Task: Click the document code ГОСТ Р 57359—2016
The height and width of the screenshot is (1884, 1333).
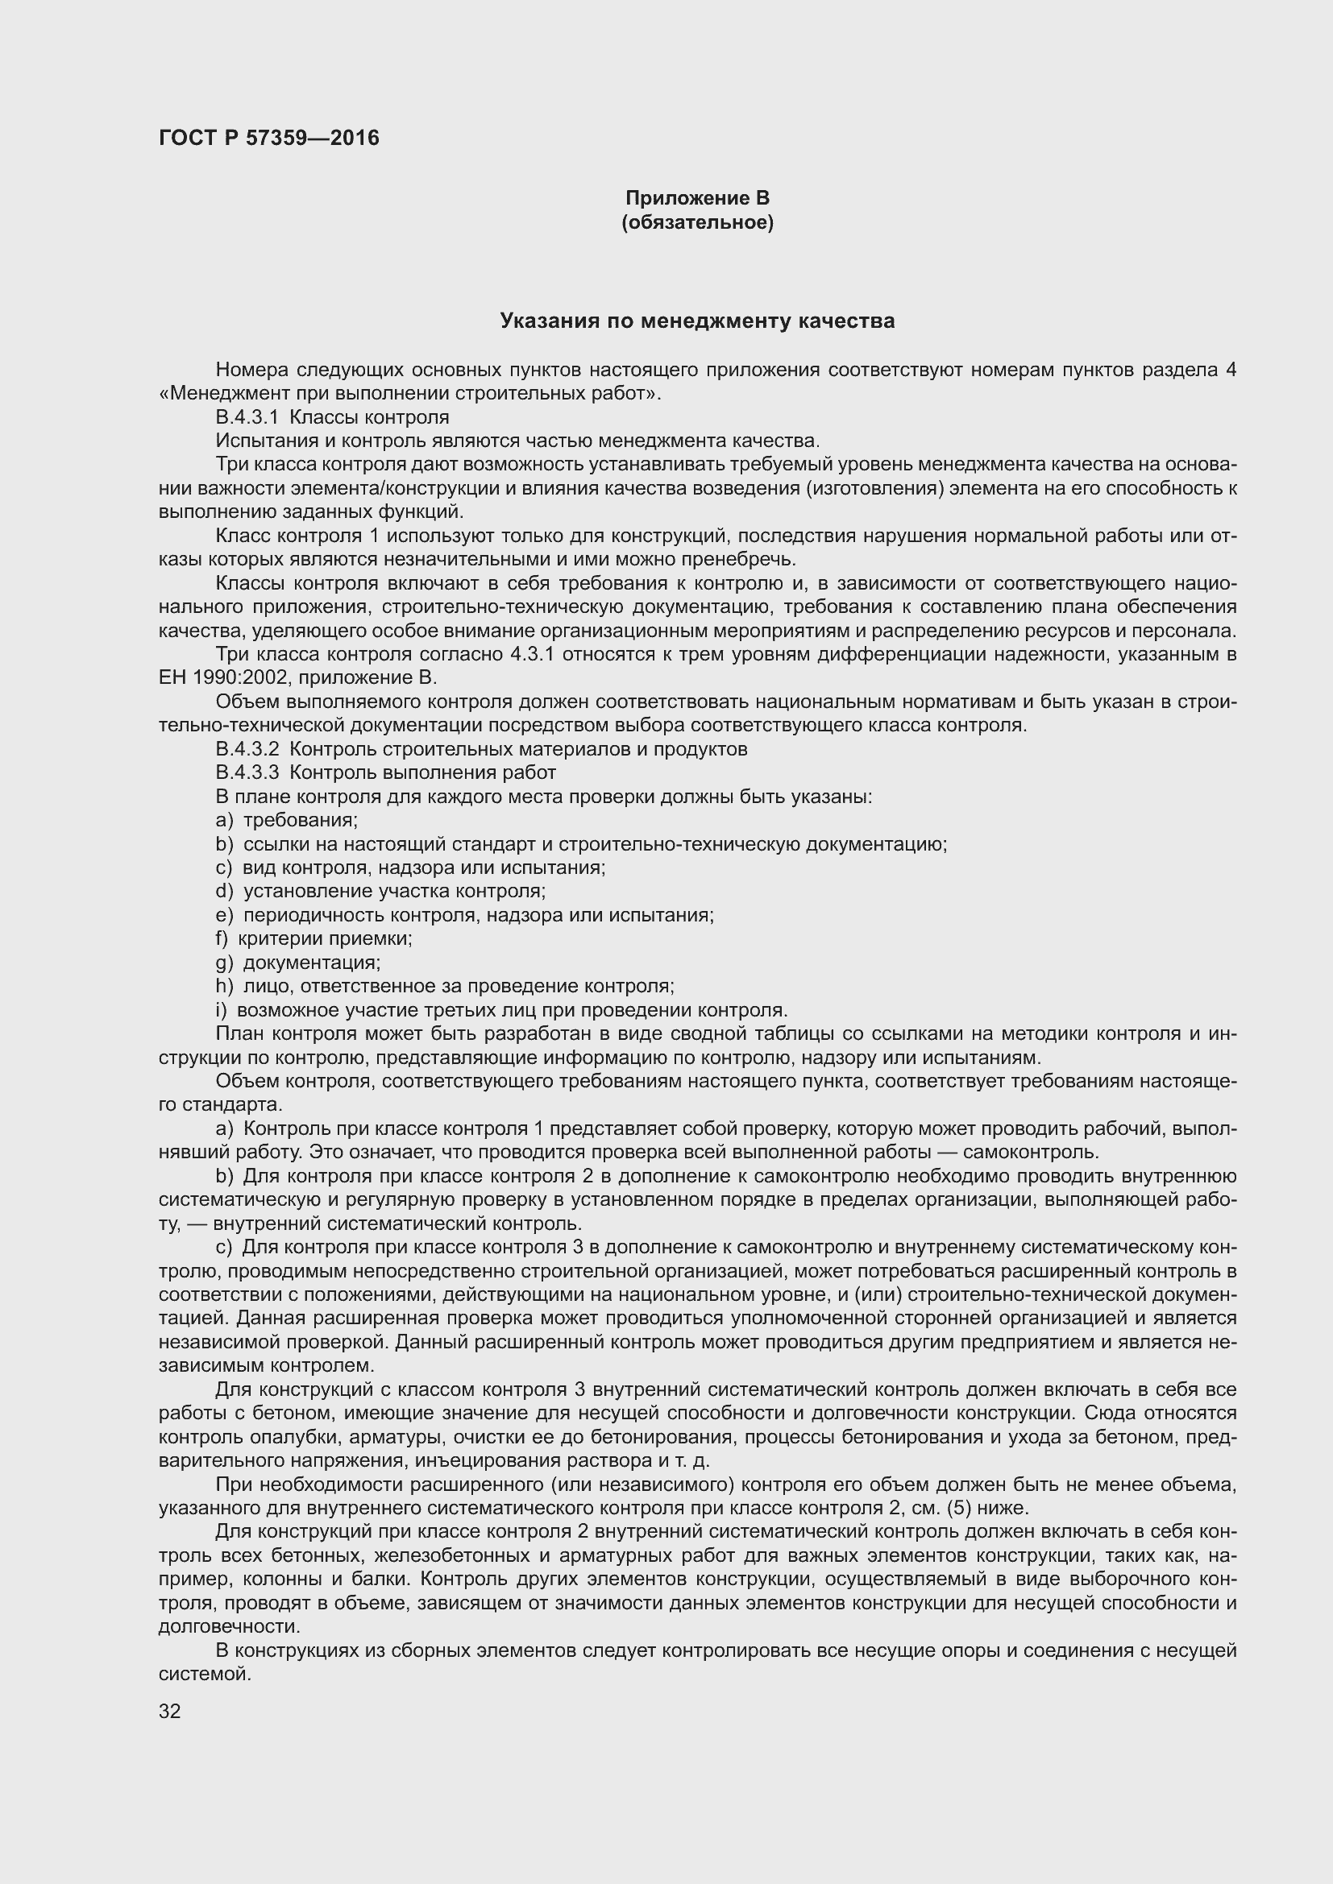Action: pos(268,138)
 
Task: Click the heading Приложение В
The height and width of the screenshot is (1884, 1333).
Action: pos(697,198)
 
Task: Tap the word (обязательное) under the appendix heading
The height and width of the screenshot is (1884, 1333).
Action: pos(697,222)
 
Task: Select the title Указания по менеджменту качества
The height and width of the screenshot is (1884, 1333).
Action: pos(697,321)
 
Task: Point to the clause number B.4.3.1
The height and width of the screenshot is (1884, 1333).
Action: pos(247,418)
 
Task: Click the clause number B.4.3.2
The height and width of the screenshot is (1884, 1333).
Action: pos(247,749)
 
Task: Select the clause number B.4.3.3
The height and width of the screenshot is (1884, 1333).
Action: pos(247,773)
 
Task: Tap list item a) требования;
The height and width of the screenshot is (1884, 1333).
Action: pos(286,820)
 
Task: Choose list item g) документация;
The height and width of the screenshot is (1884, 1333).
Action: pos(298,962)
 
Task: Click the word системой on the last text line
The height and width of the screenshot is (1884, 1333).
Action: pos(204,1674)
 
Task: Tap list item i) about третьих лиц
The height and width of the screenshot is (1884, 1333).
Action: pos(500,1010)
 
